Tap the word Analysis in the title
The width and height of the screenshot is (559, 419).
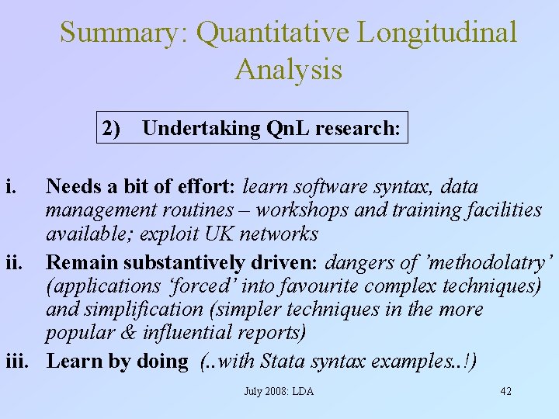[288, 69]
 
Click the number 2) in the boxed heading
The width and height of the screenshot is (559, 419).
[113, 128]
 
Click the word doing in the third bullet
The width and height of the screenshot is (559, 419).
[162, 361]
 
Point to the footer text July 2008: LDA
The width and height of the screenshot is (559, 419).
[279, 391]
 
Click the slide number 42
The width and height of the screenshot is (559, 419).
[505, 391]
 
